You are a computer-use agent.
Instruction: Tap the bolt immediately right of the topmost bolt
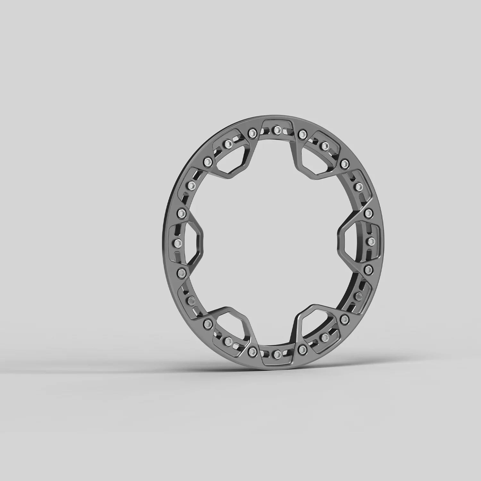coord(301,133)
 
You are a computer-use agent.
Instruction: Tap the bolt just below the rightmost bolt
coord(368,269)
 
